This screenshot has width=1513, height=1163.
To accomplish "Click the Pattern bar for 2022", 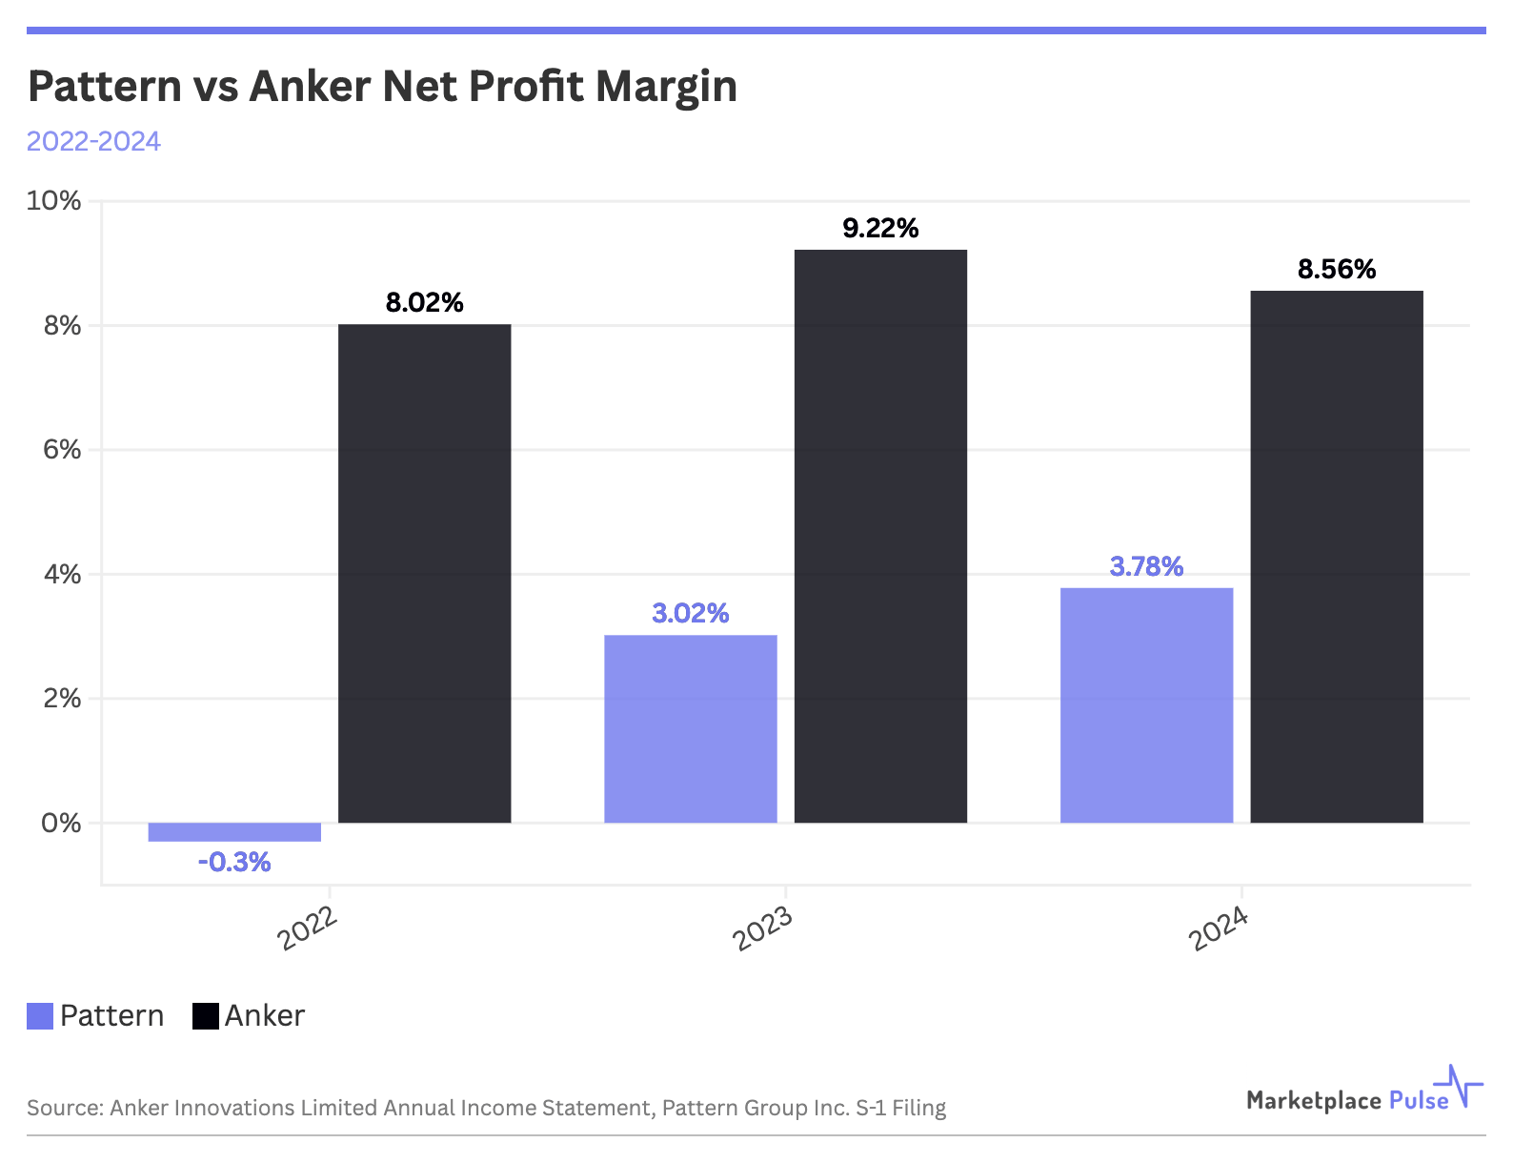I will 234,832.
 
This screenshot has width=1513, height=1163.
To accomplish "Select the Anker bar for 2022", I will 425,573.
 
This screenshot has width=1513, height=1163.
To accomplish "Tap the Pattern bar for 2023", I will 691,728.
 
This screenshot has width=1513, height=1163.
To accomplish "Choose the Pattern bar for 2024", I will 1146,705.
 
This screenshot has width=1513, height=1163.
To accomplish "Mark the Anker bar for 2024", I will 1337,557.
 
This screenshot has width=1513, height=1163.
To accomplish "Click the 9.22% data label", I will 880,229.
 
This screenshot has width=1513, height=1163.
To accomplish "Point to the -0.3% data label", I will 234,863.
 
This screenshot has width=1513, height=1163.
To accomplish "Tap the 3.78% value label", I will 1146,567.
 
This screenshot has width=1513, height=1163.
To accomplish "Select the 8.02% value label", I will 425,303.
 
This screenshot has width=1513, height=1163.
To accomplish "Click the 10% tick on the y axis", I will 54,201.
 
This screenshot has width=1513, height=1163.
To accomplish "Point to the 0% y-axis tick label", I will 61,823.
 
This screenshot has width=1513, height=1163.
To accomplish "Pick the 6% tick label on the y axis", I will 62,450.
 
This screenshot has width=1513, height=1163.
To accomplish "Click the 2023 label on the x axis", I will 762,928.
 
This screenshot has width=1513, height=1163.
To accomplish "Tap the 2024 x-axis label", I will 1219,928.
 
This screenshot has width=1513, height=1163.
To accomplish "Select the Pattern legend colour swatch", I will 40,1016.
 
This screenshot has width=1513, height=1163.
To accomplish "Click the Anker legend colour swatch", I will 206,1016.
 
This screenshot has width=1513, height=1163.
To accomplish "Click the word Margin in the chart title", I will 666,87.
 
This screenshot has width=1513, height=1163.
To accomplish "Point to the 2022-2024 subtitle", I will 93,141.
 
